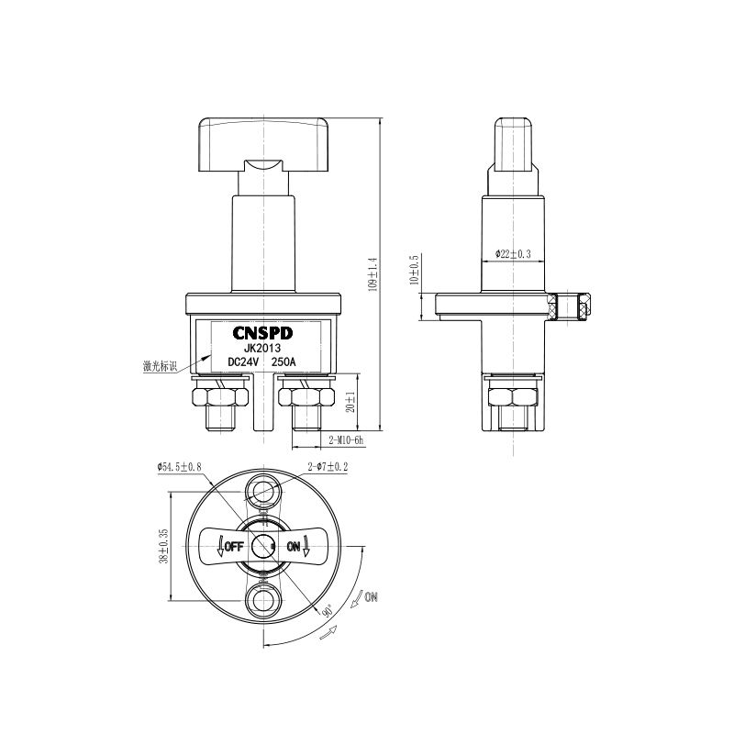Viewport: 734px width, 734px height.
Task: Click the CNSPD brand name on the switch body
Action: pyautogui.click(x=262, y=333)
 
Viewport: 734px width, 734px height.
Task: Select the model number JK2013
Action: pyautogui.click(x=262, y=349)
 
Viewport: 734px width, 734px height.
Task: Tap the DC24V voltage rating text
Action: pyautogui.click(x=243, y=362)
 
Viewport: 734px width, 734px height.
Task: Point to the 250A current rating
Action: pyautogui.click(x=284, y=362)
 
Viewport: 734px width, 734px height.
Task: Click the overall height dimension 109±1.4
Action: pyautogui.click(x=373, y=273)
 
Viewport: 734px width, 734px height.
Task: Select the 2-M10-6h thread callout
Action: pyautogui.click(x=347, y=440)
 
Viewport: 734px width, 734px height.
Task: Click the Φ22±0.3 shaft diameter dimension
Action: pyautogui.click(x=513, y=254)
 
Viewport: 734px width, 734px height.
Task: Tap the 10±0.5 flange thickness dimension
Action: pyautogui.click(x=414, y=270)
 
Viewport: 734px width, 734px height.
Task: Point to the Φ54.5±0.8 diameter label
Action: pyautogui.click(x=179, y=467)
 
